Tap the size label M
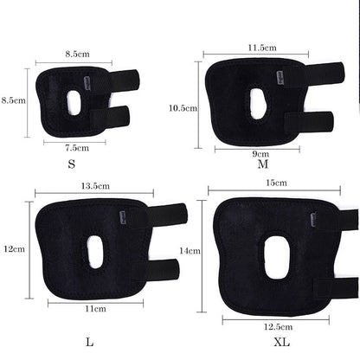pyautogui.click(x=263, y=164)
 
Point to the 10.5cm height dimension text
pyautogui.click(x=184, y=108)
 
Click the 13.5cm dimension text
pyautogui.click(x=93, y=185)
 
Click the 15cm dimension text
pyautogui.click(x=277, y=183)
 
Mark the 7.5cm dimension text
pyautogui.click(x=76, y=146)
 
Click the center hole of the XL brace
pyautogui.click(x=278, y=257)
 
